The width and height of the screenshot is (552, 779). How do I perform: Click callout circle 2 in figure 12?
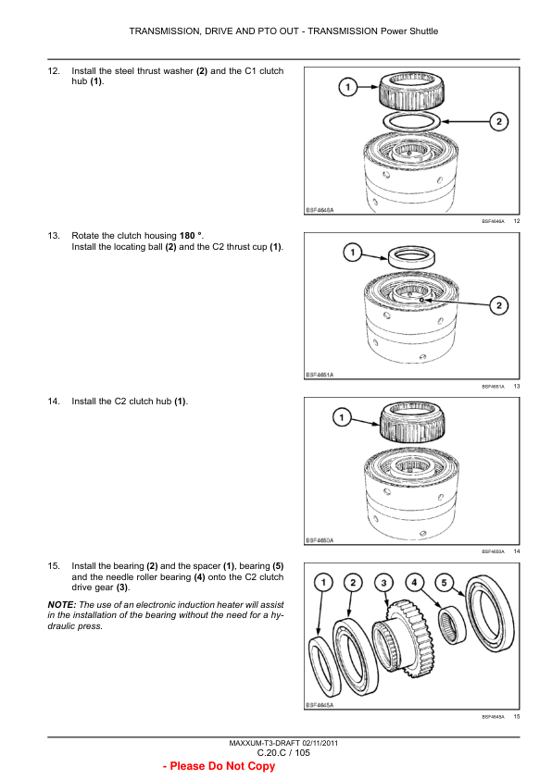pos(499,121)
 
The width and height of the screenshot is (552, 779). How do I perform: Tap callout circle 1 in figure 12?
pos(348,88)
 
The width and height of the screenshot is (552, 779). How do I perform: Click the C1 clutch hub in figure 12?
pos(412,91)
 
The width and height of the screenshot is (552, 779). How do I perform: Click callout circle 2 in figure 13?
pos(499,305)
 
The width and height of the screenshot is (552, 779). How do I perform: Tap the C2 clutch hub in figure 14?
pos(412,421)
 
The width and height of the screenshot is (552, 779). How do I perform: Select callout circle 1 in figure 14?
pos(342,417)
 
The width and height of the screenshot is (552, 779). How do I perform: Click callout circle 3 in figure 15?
pos(383,583)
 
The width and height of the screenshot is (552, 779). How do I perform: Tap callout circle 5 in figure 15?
pos(444,583)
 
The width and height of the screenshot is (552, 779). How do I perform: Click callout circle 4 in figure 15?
pos(414,583)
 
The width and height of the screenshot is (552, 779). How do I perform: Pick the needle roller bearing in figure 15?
pos(452,624)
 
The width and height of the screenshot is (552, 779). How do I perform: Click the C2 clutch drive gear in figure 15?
pos(404,640)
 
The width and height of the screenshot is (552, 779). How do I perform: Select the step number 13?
pos(54,236)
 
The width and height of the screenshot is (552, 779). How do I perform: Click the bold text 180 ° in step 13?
pos(191,236)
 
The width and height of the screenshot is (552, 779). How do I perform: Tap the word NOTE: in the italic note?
pos(62,605)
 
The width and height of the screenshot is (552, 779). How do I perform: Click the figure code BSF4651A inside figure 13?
pos(320,375)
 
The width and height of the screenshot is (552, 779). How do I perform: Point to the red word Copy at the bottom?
pos(261,766)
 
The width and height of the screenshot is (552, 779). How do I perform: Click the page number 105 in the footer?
pos(302,753)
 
